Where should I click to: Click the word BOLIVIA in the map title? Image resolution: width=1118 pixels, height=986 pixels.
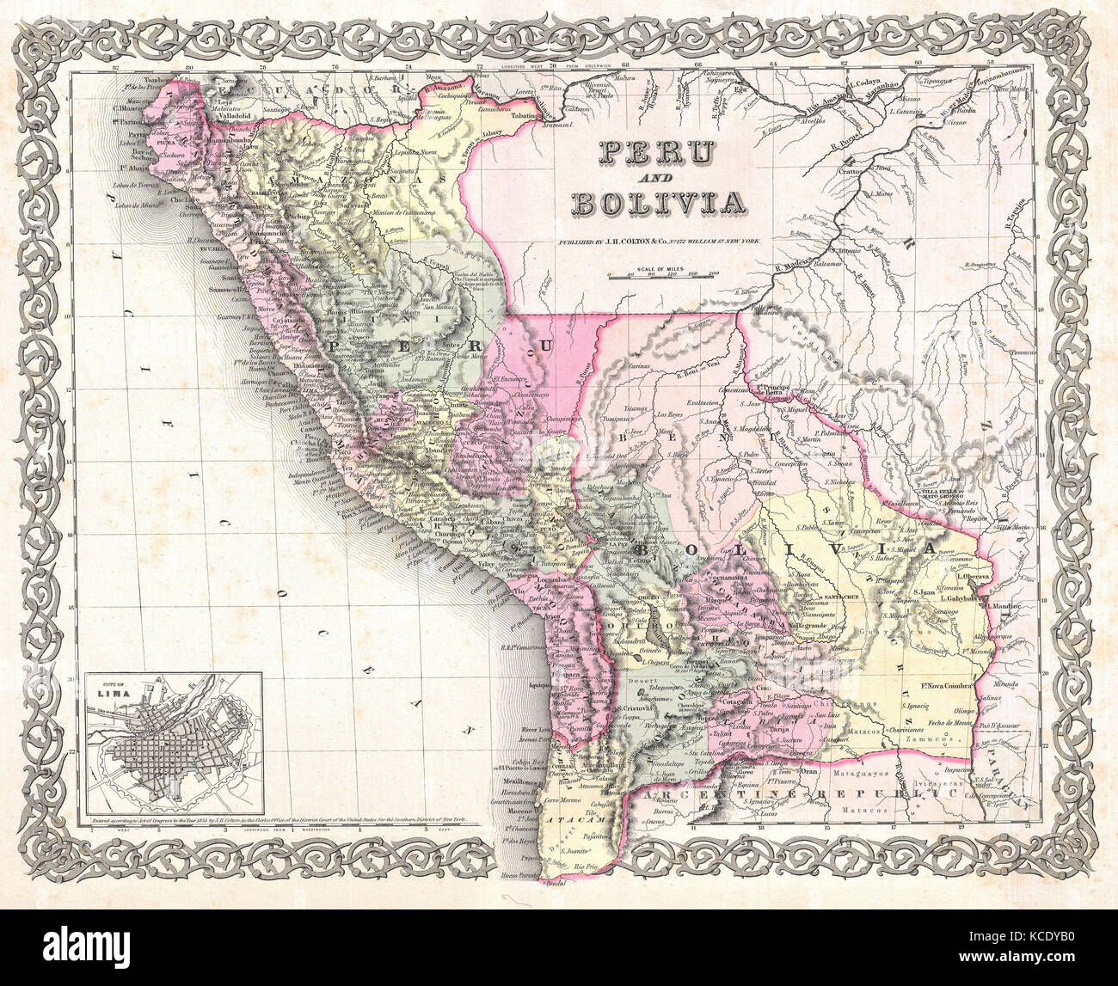657,203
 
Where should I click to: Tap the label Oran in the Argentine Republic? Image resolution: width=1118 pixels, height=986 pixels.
808,771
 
